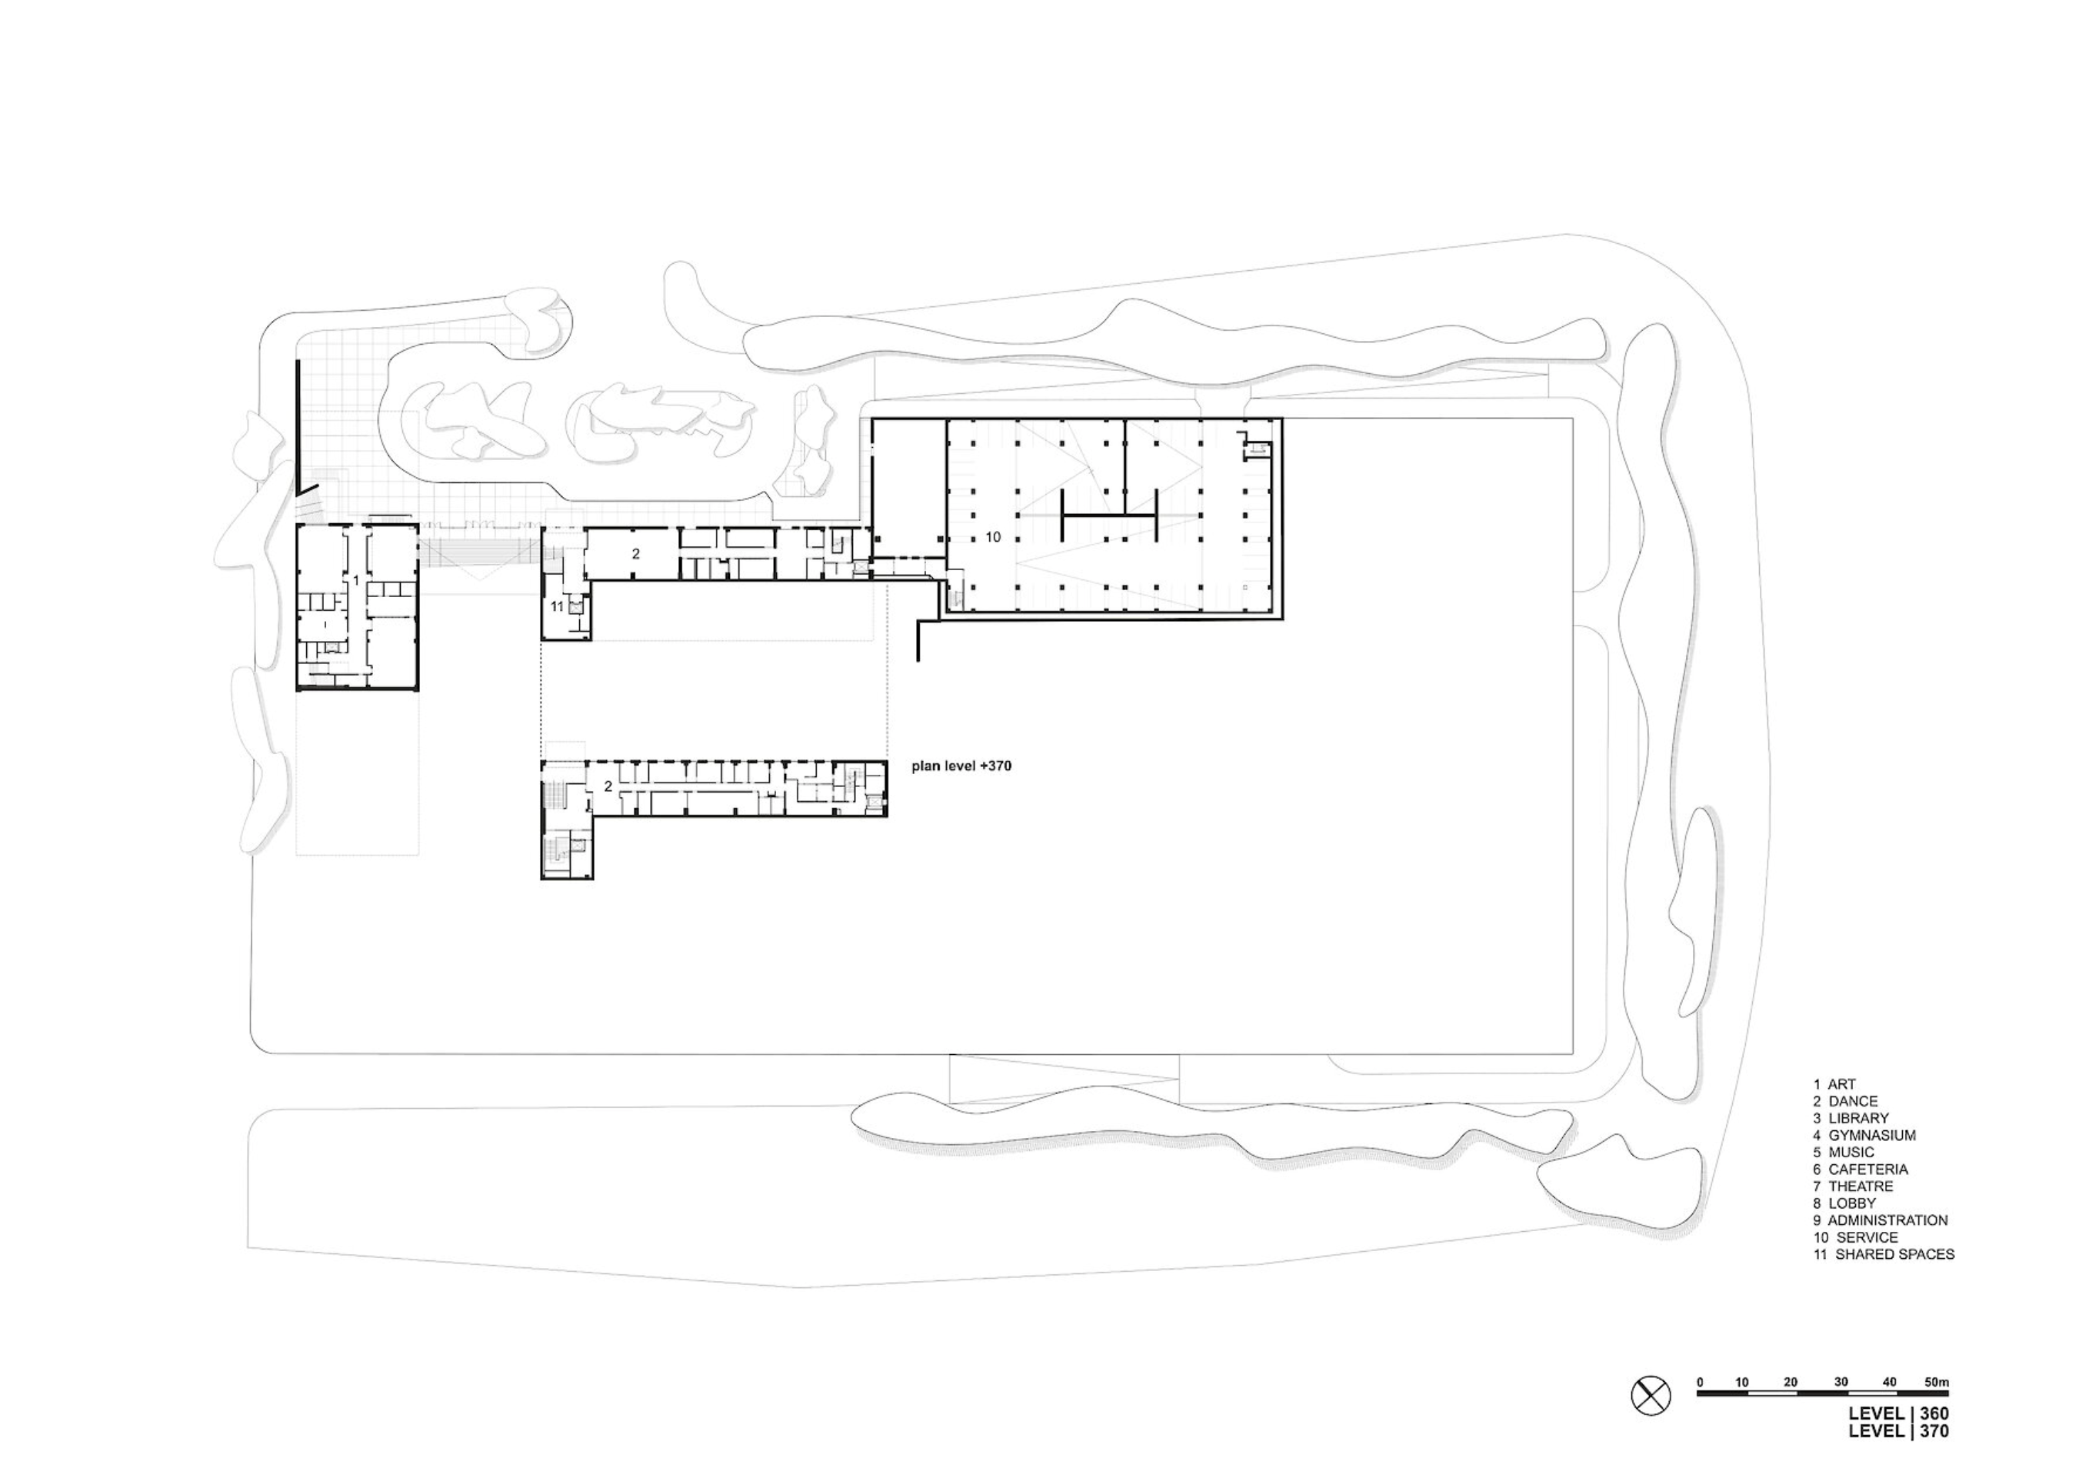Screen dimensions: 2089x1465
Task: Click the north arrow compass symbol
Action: coord(1651,1420)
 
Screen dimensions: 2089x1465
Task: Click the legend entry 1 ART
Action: coord(1834,1083)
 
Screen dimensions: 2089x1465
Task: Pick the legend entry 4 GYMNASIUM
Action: coord(1864,1135)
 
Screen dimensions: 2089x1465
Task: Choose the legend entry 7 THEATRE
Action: coord(1854,1186)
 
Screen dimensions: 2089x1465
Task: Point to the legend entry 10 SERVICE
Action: coord(1856,1236)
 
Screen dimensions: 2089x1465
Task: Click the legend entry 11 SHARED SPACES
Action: coord(1884,1254)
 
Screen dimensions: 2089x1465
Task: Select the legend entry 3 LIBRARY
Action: coord(1851,1117)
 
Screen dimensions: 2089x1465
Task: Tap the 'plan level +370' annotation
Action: coord(961,766)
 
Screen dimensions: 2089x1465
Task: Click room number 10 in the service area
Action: coord(993,537)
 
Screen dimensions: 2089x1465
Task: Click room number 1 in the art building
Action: coord(356,579)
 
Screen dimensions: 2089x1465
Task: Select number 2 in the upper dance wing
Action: coord(636,553)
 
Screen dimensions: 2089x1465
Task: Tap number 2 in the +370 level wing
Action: coord(608,786)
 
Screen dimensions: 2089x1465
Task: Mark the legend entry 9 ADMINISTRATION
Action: coord(1880,1220)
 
